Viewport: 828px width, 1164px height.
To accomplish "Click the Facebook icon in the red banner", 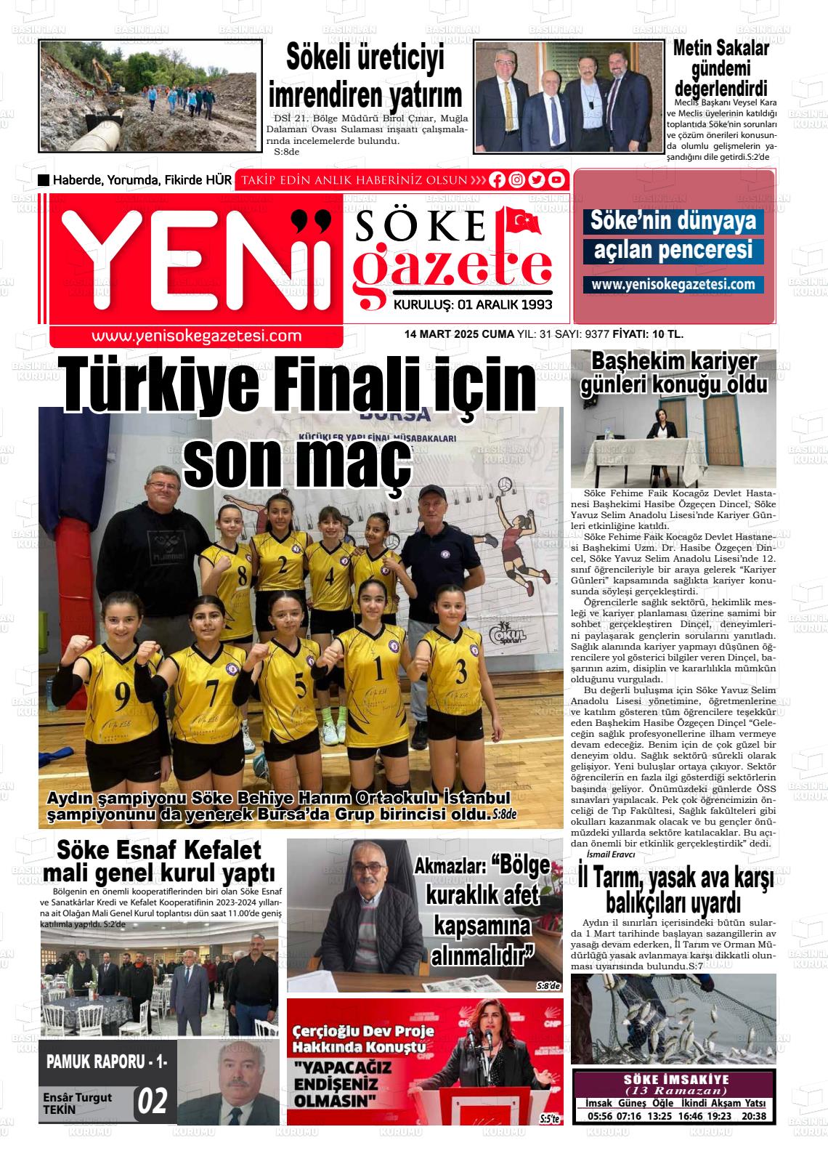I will [x=498, y=180].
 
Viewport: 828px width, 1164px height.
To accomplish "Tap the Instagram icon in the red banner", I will [x=517, y=180].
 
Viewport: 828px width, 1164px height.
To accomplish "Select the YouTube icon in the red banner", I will [x=556, y=180].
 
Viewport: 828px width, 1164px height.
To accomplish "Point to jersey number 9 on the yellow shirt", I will [x=122, y=694].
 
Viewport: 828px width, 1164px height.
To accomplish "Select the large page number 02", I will [x=153, y=1102].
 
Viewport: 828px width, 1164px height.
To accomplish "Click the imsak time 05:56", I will [x=600, y=1116].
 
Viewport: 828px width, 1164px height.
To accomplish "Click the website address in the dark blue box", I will [x=673, y=285].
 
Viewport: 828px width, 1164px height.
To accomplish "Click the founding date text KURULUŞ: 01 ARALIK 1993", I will [x=473, y=305].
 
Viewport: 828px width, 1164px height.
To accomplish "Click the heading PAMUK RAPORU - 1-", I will [x=107, y=1061].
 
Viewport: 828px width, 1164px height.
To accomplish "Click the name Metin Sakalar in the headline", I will [x=721, y=49].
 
